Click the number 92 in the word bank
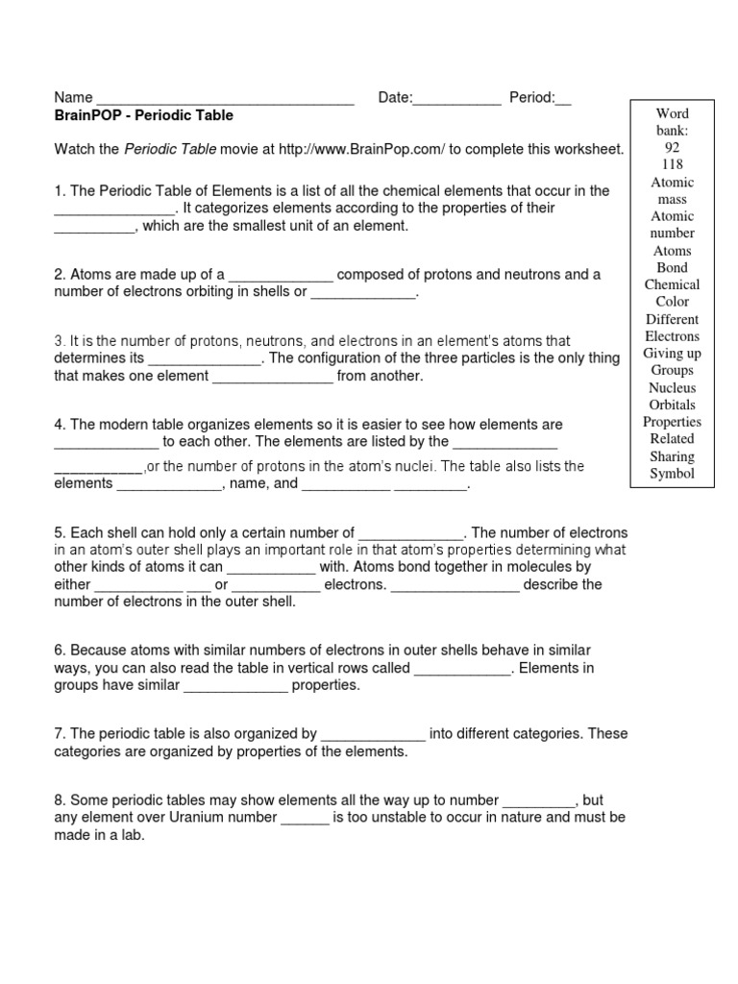[672, 147]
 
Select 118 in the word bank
[672, 164]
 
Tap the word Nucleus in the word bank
[672, 387]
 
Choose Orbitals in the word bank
[672, 405]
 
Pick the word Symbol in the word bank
[672, 473]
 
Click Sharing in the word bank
[672, 455]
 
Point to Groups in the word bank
[672, 370]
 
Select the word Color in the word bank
[672, 301]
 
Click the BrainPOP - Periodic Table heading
[143, 115]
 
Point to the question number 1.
[59, 191]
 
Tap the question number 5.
[59, 532]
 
